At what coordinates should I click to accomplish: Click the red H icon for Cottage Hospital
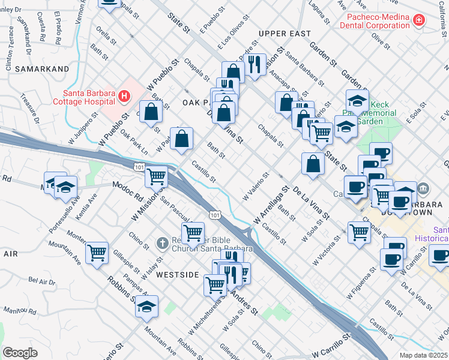[x=124, y=95]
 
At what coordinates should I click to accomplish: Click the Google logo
[x=20, y=353]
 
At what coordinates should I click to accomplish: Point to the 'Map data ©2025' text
[x=424, y=355]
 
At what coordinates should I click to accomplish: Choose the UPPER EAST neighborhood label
[x=285, y=34]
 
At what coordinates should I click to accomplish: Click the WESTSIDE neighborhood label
[x=177, y=274]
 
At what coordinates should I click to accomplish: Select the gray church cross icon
[x=161, y=243]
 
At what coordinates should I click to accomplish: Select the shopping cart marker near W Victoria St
[x=359, y=232]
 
